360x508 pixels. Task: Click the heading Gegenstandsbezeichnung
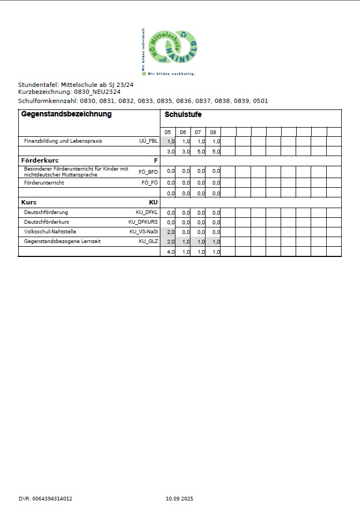click(66, 114)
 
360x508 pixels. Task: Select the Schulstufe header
click(183, 115)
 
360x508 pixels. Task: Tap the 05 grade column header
click(168, 132)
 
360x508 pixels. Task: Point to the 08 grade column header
click(213, 132)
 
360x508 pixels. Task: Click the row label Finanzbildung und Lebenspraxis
click(63, 141)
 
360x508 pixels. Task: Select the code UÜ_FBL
click(149, 141)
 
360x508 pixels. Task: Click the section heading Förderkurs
click(40, 160)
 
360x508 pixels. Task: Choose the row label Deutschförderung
click(46, 212)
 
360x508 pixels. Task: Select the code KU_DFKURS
click(143, 222)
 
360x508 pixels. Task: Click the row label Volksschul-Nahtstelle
click(50, 232)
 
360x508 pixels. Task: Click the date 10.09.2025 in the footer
click(179, 498)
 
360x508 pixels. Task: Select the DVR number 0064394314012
click(53, 498)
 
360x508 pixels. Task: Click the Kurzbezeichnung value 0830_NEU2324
click(97, 92)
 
